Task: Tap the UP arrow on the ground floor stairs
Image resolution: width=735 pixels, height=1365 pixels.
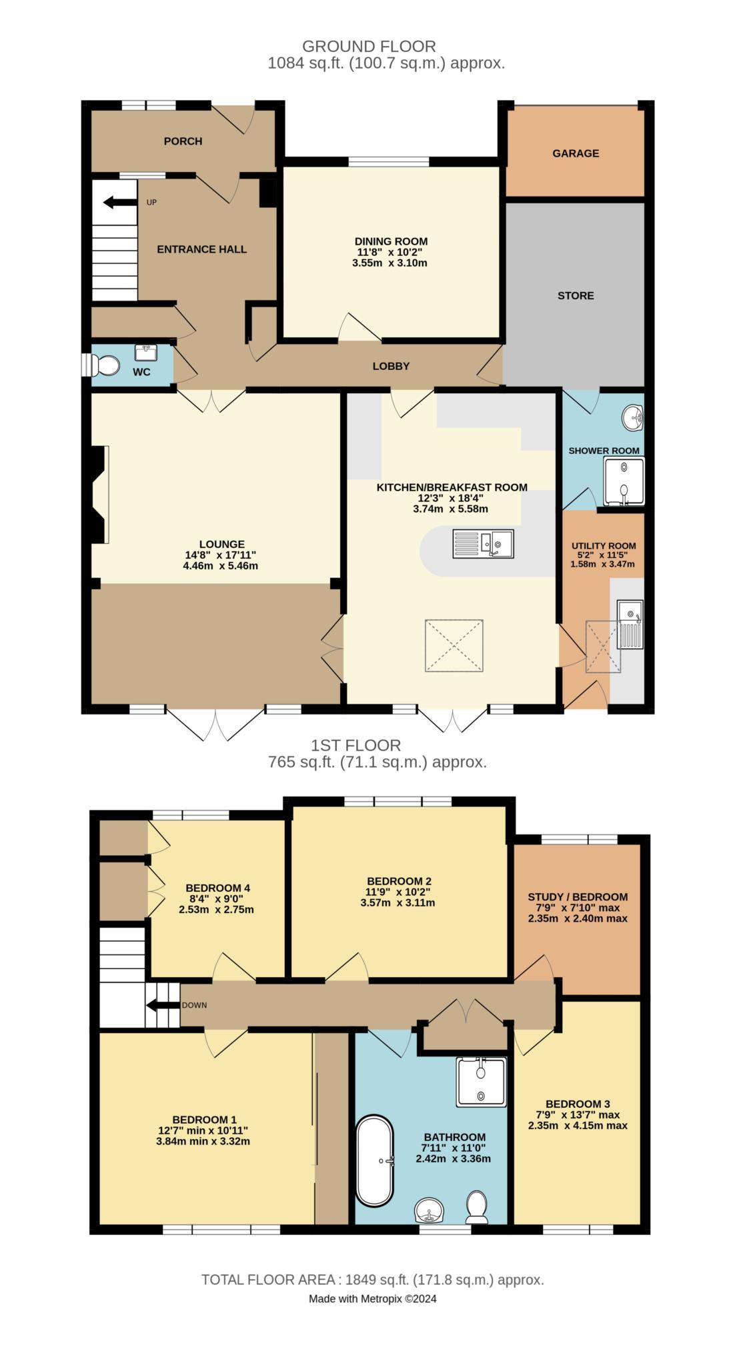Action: (x=117, y=202)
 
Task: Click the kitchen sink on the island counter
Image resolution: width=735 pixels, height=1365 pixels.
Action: (x=483, y=543)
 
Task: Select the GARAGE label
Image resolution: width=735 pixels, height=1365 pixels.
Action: (x=576, y=153)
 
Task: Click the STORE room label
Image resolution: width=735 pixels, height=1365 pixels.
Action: (x=576, y=295)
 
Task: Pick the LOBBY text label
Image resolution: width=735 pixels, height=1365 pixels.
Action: (x=391, y=366)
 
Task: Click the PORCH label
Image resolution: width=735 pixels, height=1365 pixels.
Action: (x=183, y=141)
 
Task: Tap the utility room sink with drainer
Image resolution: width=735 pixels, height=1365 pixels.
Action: (x=630, y=624)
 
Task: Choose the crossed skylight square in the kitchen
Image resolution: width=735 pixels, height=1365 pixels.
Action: (x=454, y=645)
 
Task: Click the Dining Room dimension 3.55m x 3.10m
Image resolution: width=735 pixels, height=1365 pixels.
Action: (x=390, y=263)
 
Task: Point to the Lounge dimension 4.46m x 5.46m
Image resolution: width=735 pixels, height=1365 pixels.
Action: (x=220, y=566)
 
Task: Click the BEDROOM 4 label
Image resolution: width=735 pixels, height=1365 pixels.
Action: (x=217, y=888)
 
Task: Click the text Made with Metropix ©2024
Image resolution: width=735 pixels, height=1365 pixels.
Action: (x=373, y=1298)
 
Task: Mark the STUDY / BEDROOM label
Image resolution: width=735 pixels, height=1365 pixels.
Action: (x=578, y=897)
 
